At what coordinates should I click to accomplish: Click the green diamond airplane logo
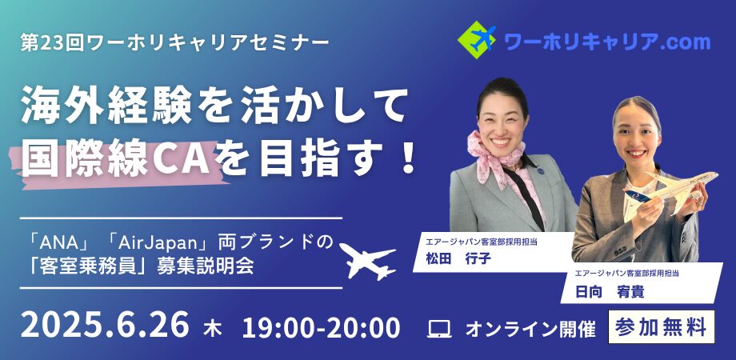click(477, 40)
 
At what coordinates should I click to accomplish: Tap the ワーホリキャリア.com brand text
click(607, 42)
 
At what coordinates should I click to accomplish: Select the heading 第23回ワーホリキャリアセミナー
click(174, 43)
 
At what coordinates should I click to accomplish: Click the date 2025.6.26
click(105, 325)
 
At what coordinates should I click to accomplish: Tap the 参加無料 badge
click(662, 326)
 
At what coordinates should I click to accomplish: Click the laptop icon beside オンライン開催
click(439, 329)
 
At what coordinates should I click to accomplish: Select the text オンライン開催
click(530, 329)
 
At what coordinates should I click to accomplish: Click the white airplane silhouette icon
click(367, 261)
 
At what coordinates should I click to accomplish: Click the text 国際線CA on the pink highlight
click(116, 161)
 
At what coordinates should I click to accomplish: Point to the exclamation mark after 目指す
click(406, 159)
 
